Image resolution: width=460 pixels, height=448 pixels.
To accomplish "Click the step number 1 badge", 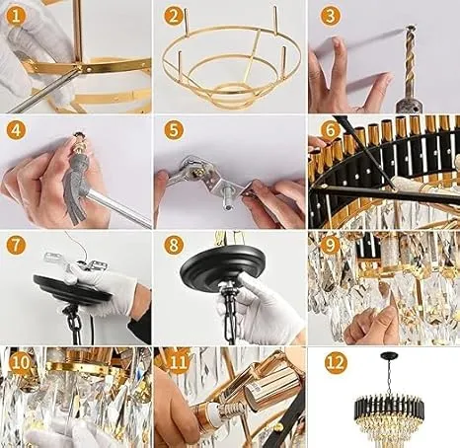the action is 16,16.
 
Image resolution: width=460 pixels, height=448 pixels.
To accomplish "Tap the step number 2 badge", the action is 174,16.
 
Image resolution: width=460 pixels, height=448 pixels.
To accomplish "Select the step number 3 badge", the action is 330,16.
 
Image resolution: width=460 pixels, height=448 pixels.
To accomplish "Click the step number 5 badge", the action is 174,129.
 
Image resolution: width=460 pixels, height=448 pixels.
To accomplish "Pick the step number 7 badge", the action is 16,245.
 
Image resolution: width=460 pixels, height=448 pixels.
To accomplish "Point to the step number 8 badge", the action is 174,245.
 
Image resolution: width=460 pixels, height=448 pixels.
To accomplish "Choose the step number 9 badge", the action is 330,245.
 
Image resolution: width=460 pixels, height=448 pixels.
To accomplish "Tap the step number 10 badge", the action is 21,362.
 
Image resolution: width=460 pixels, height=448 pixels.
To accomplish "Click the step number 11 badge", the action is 180,362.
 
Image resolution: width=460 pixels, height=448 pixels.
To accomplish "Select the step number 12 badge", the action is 336,362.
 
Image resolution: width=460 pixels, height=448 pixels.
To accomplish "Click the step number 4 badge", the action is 16,129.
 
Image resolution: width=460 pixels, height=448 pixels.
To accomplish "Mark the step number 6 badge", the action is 330,129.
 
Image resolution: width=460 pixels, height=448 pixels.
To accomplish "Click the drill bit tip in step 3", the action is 411,28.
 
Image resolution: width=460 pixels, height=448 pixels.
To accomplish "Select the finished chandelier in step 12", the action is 384,402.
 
